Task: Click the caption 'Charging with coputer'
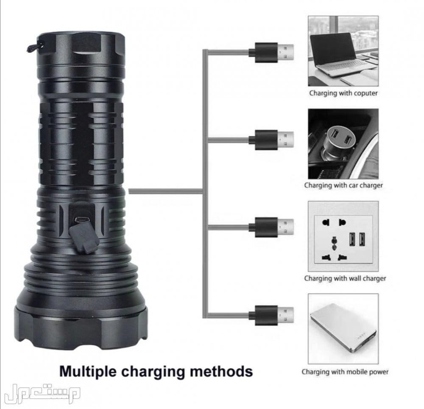(x=343, y=92)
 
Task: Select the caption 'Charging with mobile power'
(x=345, y=372)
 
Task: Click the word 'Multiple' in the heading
(x=88, y=370)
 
